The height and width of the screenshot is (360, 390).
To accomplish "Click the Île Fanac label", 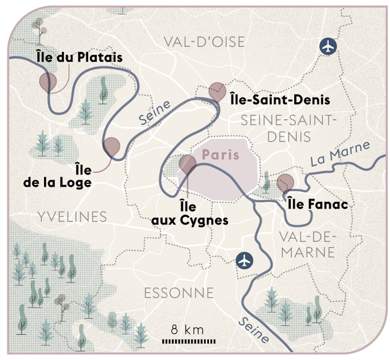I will click(x=318, y=205).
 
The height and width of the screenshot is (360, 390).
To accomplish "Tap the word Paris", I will click(x=220, y=155).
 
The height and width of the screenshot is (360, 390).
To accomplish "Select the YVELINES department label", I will click(x=72, y=217).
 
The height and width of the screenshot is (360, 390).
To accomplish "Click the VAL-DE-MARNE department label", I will click(x=308, y=245).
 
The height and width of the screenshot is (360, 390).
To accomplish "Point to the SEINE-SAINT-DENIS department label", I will click(x=288, y=128).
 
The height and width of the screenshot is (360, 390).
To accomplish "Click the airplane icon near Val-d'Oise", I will click(x=330, y=46).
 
